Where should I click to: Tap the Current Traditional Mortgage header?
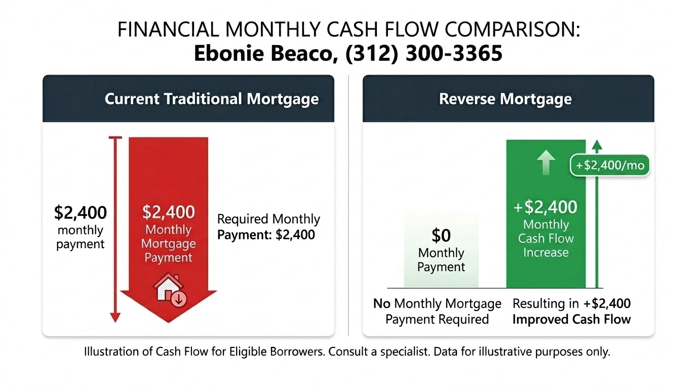click(x=212, y=99)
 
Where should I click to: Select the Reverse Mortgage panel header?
click(x=505, y=99)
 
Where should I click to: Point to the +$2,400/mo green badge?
click(x=609, y=165)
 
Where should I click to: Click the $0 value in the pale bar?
click(x=441, y=236)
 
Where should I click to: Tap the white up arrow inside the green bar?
click(x=546, y=162)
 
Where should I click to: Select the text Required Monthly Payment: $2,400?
click(x=268, y=227)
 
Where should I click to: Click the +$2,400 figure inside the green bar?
click(x=546, y=207)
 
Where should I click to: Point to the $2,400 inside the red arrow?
click(x=169, y=212)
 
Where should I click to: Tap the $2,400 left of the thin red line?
click(x=81, y=213)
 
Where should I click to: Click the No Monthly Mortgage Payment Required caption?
click(x=437, y=311)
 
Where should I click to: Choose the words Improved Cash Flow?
click(x=571, y=319)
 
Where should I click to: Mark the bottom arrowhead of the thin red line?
click(x=115, y=317)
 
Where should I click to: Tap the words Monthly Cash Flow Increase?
click(x=546, y=238)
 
